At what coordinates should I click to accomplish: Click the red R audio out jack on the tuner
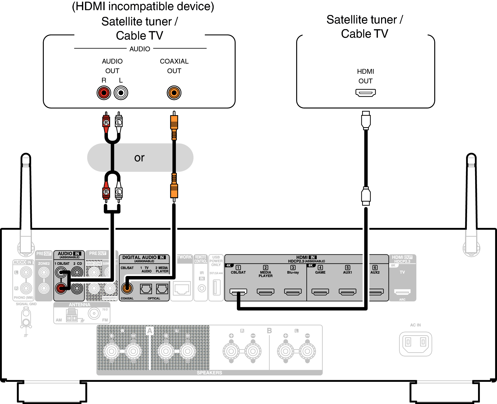[104, 93]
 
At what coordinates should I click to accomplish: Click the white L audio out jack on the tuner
[121, 93]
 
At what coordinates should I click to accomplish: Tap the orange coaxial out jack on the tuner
[174, 93]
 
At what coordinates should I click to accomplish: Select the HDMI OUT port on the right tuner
[365, 93]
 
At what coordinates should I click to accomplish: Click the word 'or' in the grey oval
[139, 158]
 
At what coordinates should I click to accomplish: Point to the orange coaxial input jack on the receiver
[127, 288]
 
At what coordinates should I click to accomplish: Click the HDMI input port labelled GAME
[320, 292]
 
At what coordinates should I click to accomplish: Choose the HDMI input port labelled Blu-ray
[293, 292]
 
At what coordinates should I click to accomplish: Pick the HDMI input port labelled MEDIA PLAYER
[265, 292]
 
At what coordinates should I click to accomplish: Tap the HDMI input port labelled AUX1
[347, 292]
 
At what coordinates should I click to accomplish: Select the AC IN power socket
[415, 344]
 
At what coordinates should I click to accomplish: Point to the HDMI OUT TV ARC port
[402, 292]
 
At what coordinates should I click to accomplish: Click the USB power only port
[216, 287]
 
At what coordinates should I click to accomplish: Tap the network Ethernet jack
[182, 289]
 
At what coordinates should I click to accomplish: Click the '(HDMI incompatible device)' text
[143, 6]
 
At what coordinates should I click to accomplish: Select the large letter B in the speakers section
[269, 331]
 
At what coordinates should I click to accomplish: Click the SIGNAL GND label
[26, 304]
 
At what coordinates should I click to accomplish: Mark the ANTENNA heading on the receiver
[80, 305]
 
